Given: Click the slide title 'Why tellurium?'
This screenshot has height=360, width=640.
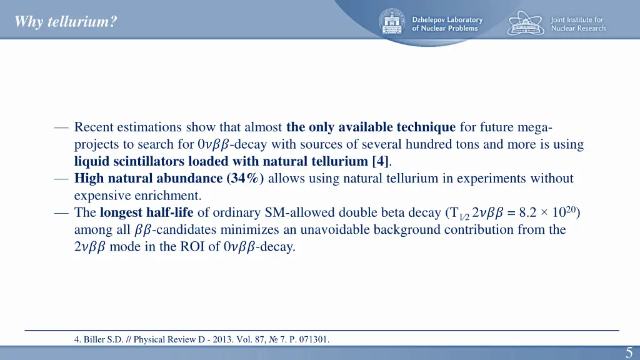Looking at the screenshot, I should [x=66, y=22].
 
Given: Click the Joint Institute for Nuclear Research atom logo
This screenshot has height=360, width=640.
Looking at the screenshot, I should [x=526, y=23].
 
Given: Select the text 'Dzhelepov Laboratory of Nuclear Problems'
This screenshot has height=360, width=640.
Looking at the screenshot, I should [x=447, y=24].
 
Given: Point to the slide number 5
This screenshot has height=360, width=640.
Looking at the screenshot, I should [x=629, y=352].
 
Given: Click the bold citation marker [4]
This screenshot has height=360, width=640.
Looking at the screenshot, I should [x=380, y=161].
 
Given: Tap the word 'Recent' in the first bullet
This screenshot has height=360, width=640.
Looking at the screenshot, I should [x=94, y=127].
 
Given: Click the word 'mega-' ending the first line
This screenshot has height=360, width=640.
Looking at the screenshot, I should [x=534, y=127].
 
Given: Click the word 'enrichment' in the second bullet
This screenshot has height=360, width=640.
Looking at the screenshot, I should [x=169, y=195].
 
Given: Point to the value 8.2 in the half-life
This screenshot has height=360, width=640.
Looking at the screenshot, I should [x=529, y=212].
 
